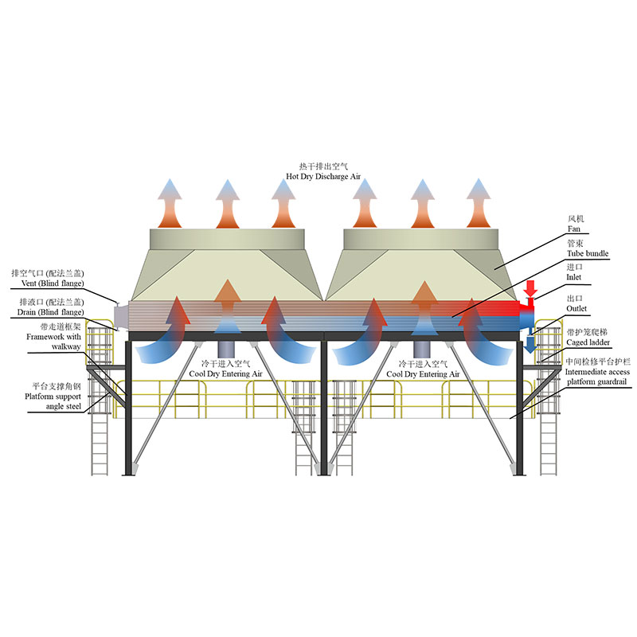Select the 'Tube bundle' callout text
(x=587, y=253)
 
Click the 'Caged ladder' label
(x=587, y=342)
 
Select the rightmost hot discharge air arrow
(x=479, y=203)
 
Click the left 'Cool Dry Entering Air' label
(x=225, y=373)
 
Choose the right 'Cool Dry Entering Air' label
(x=422, y=373)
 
